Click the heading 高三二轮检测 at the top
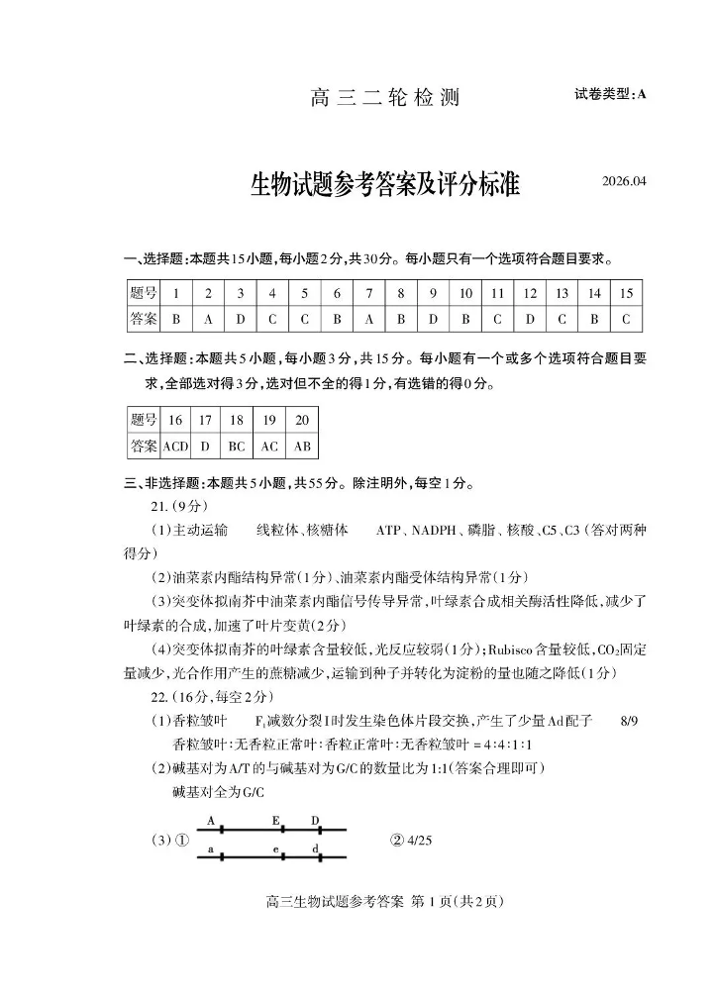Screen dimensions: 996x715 coord(385,98)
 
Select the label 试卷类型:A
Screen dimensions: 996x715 coord(609,94)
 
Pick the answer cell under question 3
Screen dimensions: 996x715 coord(240,320)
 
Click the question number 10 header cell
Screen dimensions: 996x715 coord(465,294)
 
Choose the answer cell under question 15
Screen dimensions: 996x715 coord(626,320)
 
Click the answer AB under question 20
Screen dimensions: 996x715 coord(302,447)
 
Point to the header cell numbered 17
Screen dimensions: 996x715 coord(205,420)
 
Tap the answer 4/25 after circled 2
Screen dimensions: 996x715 coord(419,841)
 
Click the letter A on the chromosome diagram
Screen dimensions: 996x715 coord(211,821)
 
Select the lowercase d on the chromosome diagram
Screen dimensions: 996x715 coord(314,849)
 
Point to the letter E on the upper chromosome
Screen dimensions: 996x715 coord(275,821)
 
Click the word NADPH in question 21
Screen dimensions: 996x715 coord(431,531)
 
